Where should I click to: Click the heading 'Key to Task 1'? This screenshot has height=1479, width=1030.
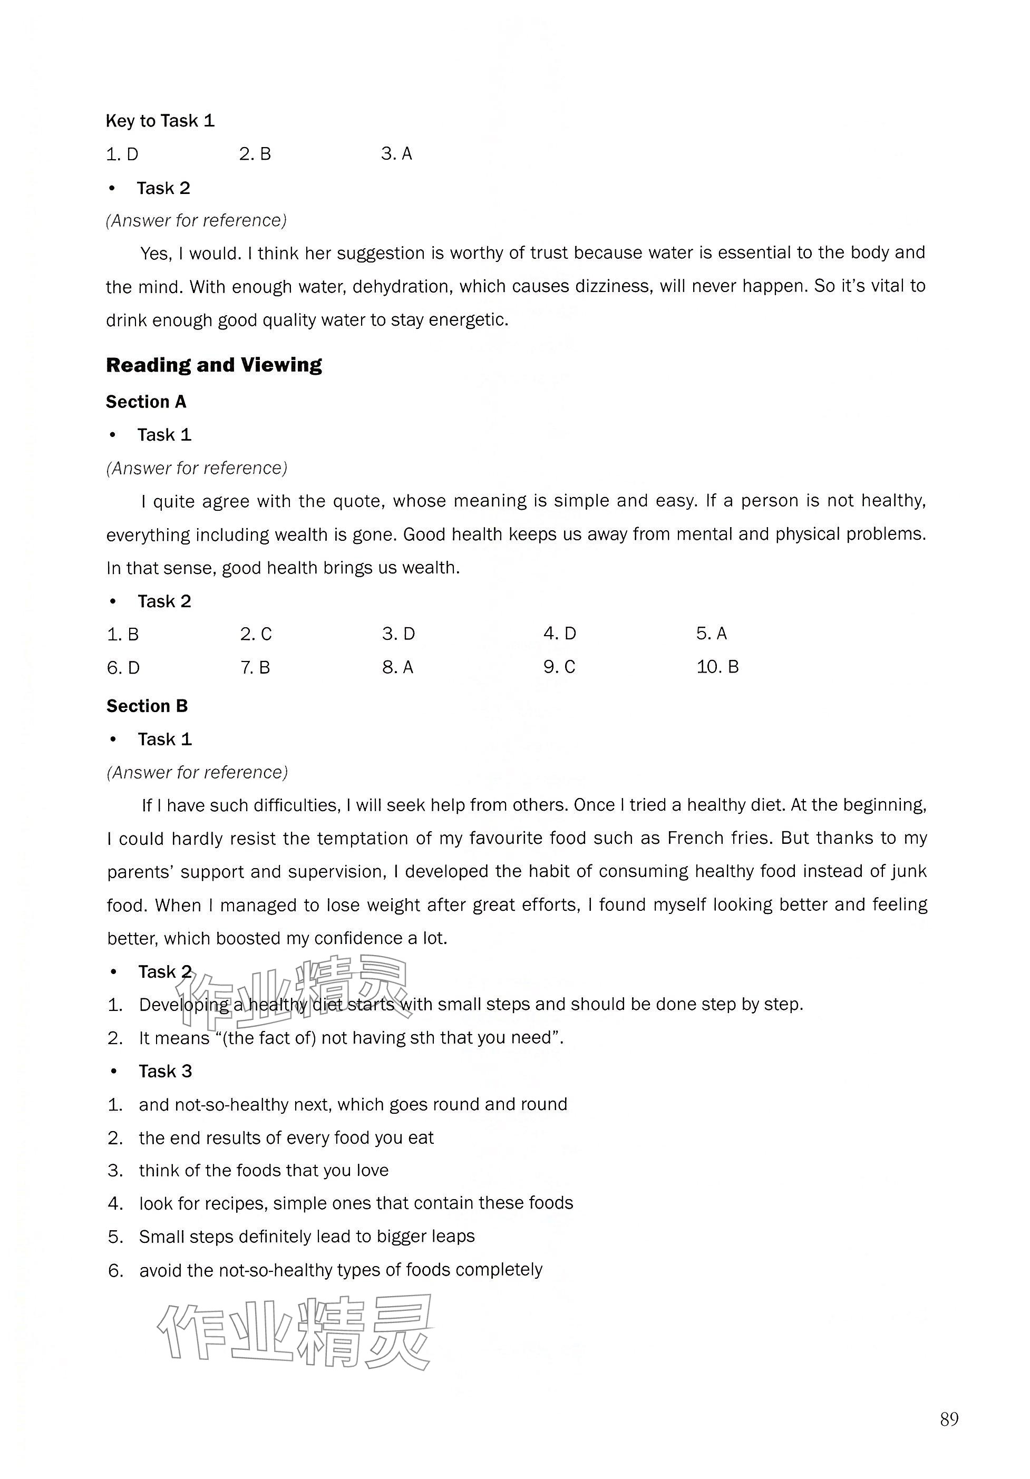(160, 121)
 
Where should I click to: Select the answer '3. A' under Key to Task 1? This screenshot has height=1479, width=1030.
(396, 153)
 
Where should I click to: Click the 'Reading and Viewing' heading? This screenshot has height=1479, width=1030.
(214, 365)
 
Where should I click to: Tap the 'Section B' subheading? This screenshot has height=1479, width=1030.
(147, 706)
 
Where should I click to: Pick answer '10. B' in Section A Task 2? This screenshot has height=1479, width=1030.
(717, 667)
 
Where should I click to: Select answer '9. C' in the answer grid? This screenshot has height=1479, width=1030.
(559, 667)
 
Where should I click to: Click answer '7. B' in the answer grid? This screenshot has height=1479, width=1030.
(255, 667)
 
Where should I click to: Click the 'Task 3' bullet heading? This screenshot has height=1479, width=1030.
(166, 1071)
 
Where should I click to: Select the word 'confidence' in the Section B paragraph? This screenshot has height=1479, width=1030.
(359, 939)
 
